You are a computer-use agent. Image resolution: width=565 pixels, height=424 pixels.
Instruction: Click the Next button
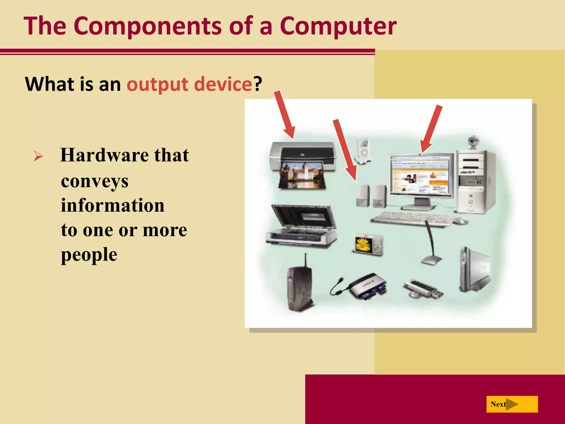click(512, 404)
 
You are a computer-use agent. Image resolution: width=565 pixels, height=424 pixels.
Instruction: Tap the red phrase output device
click(189, 84)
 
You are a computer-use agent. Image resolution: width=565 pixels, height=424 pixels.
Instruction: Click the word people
click(89, 255)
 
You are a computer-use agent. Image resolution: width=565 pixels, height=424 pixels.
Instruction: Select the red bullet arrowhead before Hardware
click(38, 156)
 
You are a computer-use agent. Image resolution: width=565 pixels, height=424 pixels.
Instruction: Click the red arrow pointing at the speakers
click(345, 150)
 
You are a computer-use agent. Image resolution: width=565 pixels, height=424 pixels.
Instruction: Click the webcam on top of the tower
click(473, 142)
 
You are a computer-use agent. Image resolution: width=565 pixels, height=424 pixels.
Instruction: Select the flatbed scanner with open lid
click(301, 226)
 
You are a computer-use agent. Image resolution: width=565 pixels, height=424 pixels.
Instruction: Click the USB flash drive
click(423, 288)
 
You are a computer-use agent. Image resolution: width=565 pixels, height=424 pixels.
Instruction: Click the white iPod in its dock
click(364, 152)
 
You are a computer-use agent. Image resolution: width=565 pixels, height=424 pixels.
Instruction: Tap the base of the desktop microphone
click(431, 260)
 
